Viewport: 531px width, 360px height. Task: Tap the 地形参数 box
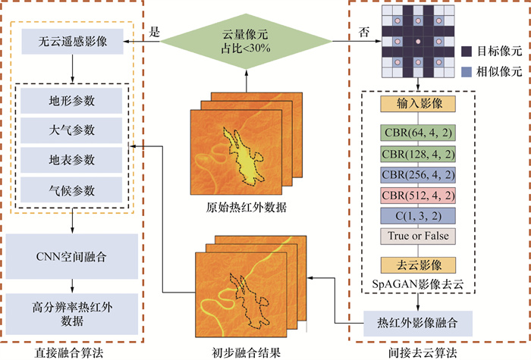pyautogui.click(x=71, y=102)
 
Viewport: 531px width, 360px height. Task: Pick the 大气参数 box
pyautogui.click(x=71, y=130)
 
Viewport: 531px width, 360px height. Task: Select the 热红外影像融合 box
pyautogui.click(x=417, y=324)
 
